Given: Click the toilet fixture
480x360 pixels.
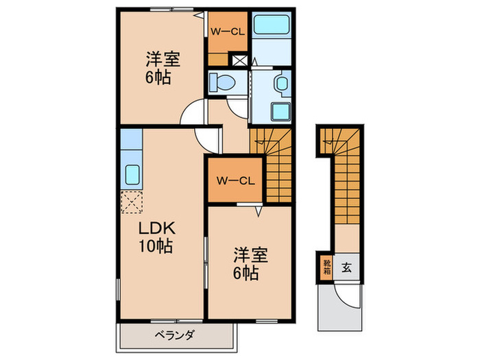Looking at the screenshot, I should tap(222, 83).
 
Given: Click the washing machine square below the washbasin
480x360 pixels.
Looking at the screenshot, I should tap(280, 112).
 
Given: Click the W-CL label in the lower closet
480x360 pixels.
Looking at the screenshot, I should tap(236, 181).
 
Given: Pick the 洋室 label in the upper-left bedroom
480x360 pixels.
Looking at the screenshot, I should tap(162, 59).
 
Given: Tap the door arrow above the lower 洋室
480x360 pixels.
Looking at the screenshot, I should tap(259, 211).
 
